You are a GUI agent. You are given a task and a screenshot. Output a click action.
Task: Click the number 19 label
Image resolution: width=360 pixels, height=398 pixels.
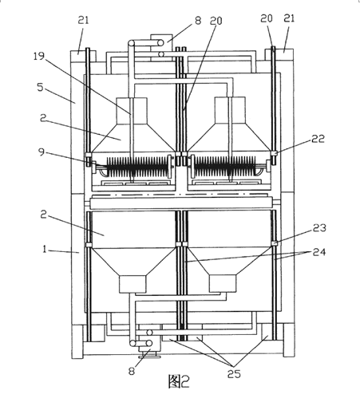pyautogui.click(x=39, y=57)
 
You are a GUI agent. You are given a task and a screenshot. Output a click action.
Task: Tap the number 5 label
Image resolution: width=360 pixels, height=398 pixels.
pyautogui.click(x=40, y=87)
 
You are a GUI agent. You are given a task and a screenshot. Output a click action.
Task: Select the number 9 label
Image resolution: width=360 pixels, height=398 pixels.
pyautogui.click(x=42, y=152)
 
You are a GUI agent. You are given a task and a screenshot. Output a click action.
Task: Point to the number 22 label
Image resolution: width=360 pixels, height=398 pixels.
pyautogui.click(x=318, y=139)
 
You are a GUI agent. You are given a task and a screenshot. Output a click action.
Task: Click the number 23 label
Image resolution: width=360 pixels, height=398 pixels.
pyautogui.click(x=319, y=227)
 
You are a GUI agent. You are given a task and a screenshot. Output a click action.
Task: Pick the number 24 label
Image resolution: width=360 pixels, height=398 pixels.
pyautogui.click(x=319, y=252)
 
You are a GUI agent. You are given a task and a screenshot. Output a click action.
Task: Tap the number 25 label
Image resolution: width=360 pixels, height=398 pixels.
pyautogui.click(x=234, y=374)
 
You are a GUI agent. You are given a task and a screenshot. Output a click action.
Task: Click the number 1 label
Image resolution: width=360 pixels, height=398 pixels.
pyautogui.click(x=45, y=249)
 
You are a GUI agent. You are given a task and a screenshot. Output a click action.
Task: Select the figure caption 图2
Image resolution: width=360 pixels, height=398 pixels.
pyautogui.click(x=179, y=381)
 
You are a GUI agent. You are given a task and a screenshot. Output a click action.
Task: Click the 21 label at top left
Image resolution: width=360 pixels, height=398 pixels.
pyautogui.click(x=83, y=20)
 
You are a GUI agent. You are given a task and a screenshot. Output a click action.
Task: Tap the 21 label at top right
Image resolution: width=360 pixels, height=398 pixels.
pyautogui.click(x=289, y=18)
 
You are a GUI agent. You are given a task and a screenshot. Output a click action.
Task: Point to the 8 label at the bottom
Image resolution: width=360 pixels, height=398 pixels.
pyautogui.click(x=132, y=371)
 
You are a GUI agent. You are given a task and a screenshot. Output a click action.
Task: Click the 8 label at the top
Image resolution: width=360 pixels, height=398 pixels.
pyautogui.click(x=198, y=21)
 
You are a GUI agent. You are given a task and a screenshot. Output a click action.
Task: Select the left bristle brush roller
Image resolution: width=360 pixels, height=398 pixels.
pyautogui.click(x=137, y=167)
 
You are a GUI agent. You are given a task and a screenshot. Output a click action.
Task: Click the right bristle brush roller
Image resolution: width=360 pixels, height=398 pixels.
pyautogui.click(x=225, y=167)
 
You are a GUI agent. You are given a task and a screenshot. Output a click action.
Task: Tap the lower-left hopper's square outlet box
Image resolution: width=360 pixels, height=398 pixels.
pyautogui.click(x=133, y=284)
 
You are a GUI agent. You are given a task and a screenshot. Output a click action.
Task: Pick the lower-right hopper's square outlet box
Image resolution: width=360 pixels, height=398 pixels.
pyautogui.click(x=223, y=283)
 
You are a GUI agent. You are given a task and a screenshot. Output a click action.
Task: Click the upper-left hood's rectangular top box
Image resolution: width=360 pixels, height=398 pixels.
pyautogui.click(x=132, y=111)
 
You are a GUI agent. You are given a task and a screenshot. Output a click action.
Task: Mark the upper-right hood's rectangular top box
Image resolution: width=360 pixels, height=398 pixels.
pyautogui.click(x=230, y=110)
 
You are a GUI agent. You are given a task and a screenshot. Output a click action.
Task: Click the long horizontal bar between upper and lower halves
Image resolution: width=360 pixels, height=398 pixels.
pyautogui.click(x=182, y=203)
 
